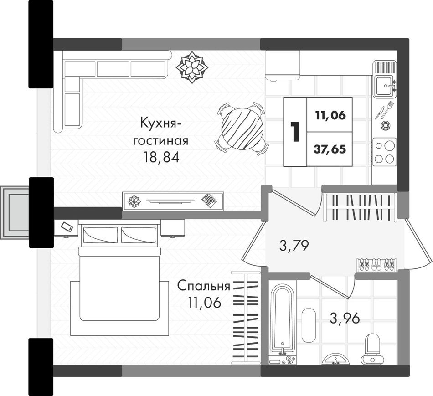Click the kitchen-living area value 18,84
coord(161,157)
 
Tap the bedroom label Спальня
coord(204,286)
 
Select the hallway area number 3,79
coord(294,246)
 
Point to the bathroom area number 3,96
coord(345,319)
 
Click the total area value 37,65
coord(330,149)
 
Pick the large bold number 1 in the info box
coord(295,132)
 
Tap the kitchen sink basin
coord(384,86)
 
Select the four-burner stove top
coord(384,152)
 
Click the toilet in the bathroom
coord(371,349)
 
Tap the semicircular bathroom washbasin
coord(336,359)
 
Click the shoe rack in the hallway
coord(377,265)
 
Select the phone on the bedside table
coord(67,227)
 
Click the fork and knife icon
coord(384,110)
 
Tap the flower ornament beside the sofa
coord(192,67)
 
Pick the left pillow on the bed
coord(100,235)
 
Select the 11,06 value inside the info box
coord(330,115)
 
